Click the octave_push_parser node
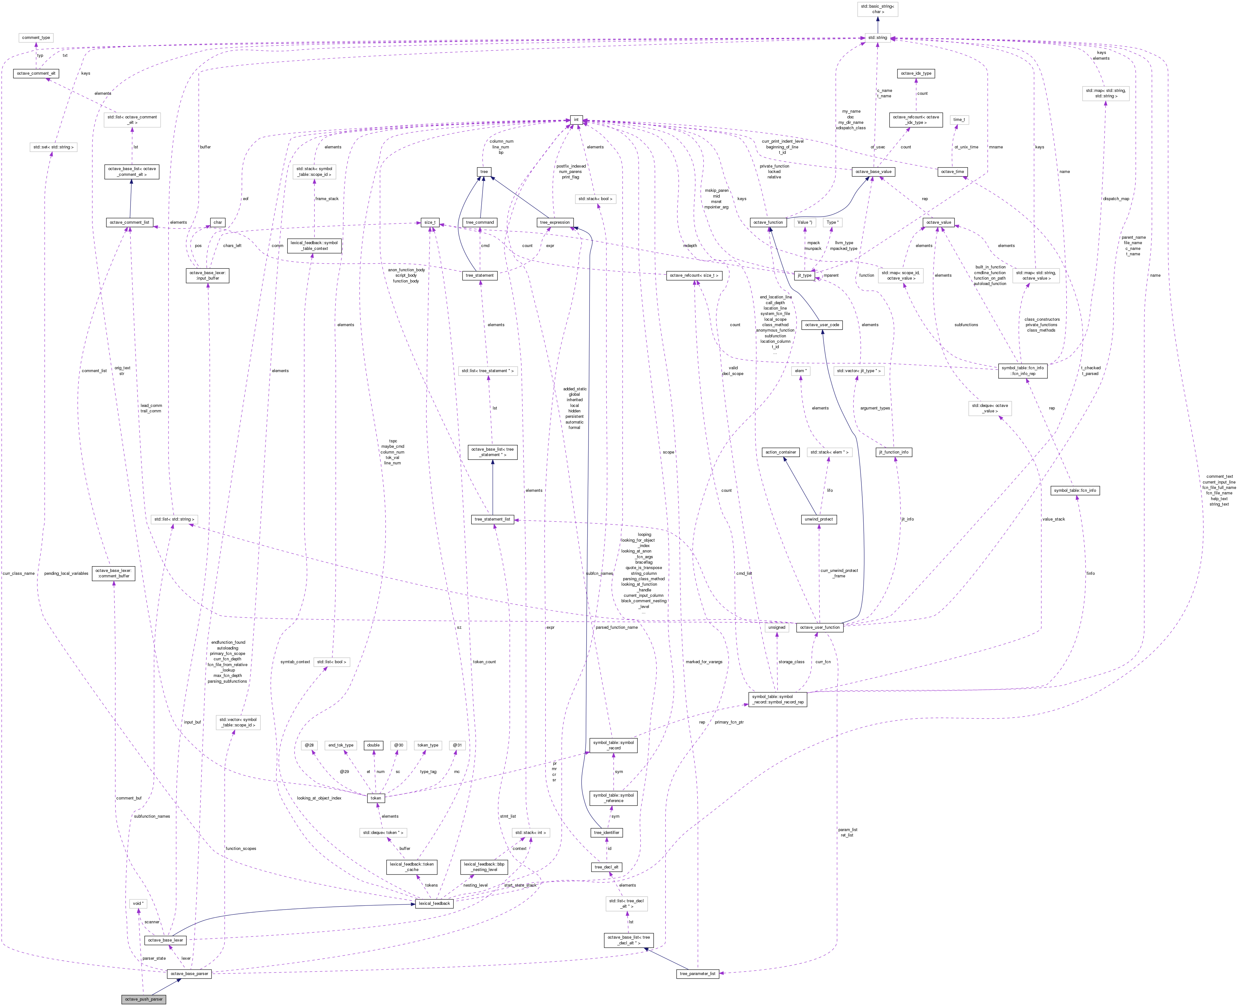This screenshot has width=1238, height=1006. click(144, 999)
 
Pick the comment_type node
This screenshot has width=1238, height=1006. click(36, 38)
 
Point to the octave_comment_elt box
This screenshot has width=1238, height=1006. click(36, 74)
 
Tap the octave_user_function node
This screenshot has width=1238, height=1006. click(819, 627)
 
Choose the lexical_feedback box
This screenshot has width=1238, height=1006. click(434, 904)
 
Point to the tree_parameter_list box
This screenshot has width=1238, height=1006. click(697, 973)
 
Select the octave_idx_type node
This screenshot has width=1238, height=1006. click(916, 74)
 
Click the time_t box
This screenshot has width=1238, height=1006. click(959, 119)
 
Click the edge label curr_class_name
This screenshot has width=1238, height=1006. click(19, 573)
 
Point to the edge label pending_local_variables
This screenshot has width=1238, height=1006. click(66, 573)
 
